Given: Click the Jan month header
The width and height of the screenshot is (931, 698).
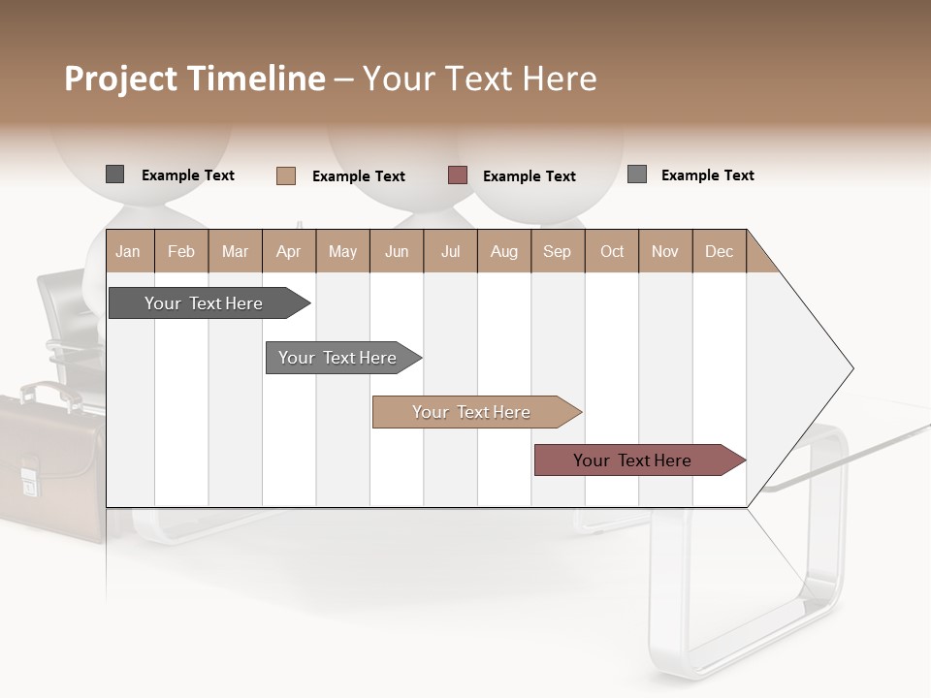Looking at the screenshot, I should [x=129, y=251].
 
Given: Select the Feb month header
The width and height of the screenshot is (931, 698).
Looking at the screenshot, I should [x=181, y=251].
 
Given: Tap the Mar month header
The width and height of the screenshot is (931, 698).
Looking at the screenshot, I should [x=235, y=251].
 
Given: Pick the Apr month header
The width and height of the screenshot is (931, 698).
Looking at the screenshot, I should [x=289, y=251].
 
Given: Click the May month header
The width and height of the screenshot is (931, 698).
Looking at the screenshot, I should [x=342, y=251].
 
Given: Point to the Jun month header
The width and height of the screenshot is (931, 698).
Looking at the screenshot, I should [x=397, y=251].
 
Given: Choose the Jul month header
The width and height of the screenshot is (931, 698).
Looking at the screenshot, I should [x=450, y=251].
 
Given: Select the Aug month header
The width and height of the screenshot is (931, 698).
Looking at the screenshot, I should [x=504, y=251].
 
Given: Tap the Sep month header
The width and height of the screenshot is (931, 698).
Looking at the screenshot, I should [x=558, y=251].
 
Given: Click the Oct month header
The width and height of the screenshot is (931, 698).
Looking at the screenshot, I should [x=612, y=251].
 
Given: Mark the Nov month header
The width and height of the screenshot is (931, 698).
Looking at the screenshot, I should [x=665, y=251].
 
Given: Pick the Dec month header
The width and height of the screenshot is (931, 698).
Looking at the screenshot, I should [x=720, y=251].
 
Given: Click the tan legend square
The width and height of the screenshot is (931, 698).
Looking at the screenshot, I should [x=286, y=175].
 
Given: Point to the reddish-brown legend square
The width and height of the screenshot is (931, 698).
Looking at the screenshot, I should [x=458, y=175].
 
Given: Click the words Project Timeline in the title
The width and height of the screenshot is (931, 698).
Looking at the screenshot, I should [x=195, y=79].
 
